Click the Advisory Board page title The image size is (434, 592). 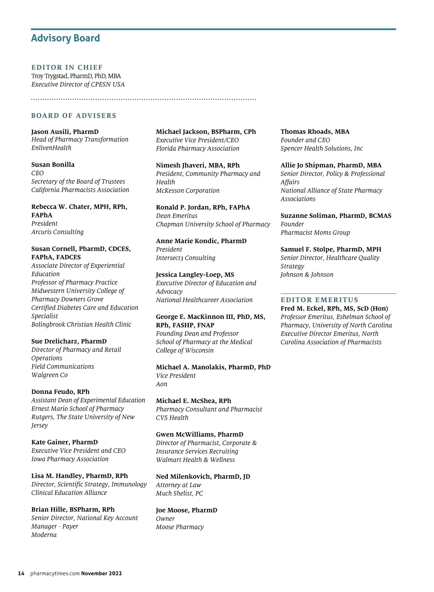click(65, 38)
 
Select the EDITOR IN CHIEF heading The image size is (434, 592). click(67, 68)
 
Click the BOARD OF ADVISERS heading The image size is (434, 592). click(74, 116)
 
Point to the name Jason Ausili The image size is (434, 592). click(51, 132)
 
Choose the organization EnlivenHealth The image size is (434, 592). click(51, 148)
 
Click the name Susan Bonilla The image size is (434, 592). click(53, 165)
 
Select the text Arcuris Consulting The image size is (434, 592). click(58, 232)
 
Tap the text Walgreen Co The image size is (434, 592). click(50, 375)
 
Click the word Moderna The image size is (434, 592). click(44, 535)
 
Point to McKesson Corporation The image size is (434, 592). click(188, 191)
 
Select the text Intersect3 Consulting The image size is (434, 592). click(186, 258)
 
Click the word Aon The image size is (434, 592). click(162, 384)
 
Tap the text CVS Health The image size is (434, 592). click(172, 418)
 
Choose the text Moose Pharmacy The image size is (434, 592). click(180, 527)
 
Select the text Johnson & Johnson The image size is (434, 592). click(307, 275)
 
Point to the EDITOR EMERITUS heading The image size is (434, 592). click(319, 300)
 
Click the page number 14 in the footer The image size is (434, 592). click(21, 574)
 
